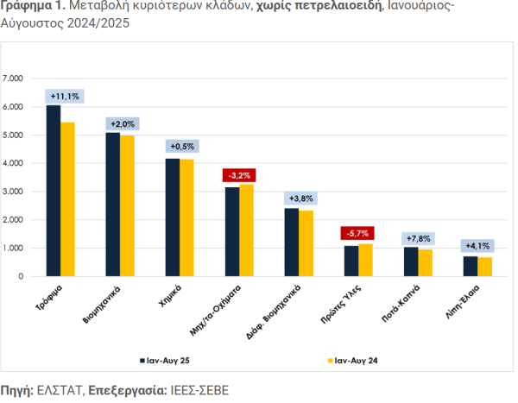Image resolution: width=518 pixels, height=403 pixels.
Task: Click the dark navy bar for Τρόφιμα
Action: click(x=54, y=191)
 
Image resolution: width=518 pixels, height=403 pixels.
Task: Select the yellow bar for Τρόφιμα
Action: click(x=67, y=199)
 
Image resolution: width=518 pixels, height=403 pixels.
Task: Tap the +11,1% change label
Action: click(x=65, y=95)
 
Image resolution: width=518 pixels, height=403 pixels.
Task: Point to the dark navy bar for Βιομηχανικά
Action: click(x=113, y=205)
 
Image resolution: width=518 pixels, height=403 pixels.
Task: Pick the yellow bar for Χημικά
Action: click(x=187, y=217)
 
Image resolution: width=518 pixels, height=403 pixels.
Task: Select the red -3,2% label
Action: click(x=239, y=176)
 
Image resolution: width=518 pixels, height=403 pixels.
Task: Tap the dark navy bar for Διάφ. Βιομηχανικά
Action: click(x=292, y=242)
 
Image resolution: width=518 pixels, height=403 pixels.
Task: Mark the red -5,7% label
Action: click(x=357, y=234)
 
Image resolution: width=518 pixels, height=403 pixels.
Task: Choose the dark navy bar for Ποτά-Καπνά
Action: click(x=411, y=261)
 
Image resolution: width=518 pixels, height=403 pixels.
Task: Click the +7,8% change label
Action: click(x=419, y=238)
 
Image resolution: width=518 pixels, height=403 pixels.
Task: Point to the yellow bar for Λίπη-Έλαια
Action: click(x=485, y=267)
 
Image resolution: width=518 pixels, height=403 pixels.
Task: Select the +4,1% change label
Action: click(x=477, y=246)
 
